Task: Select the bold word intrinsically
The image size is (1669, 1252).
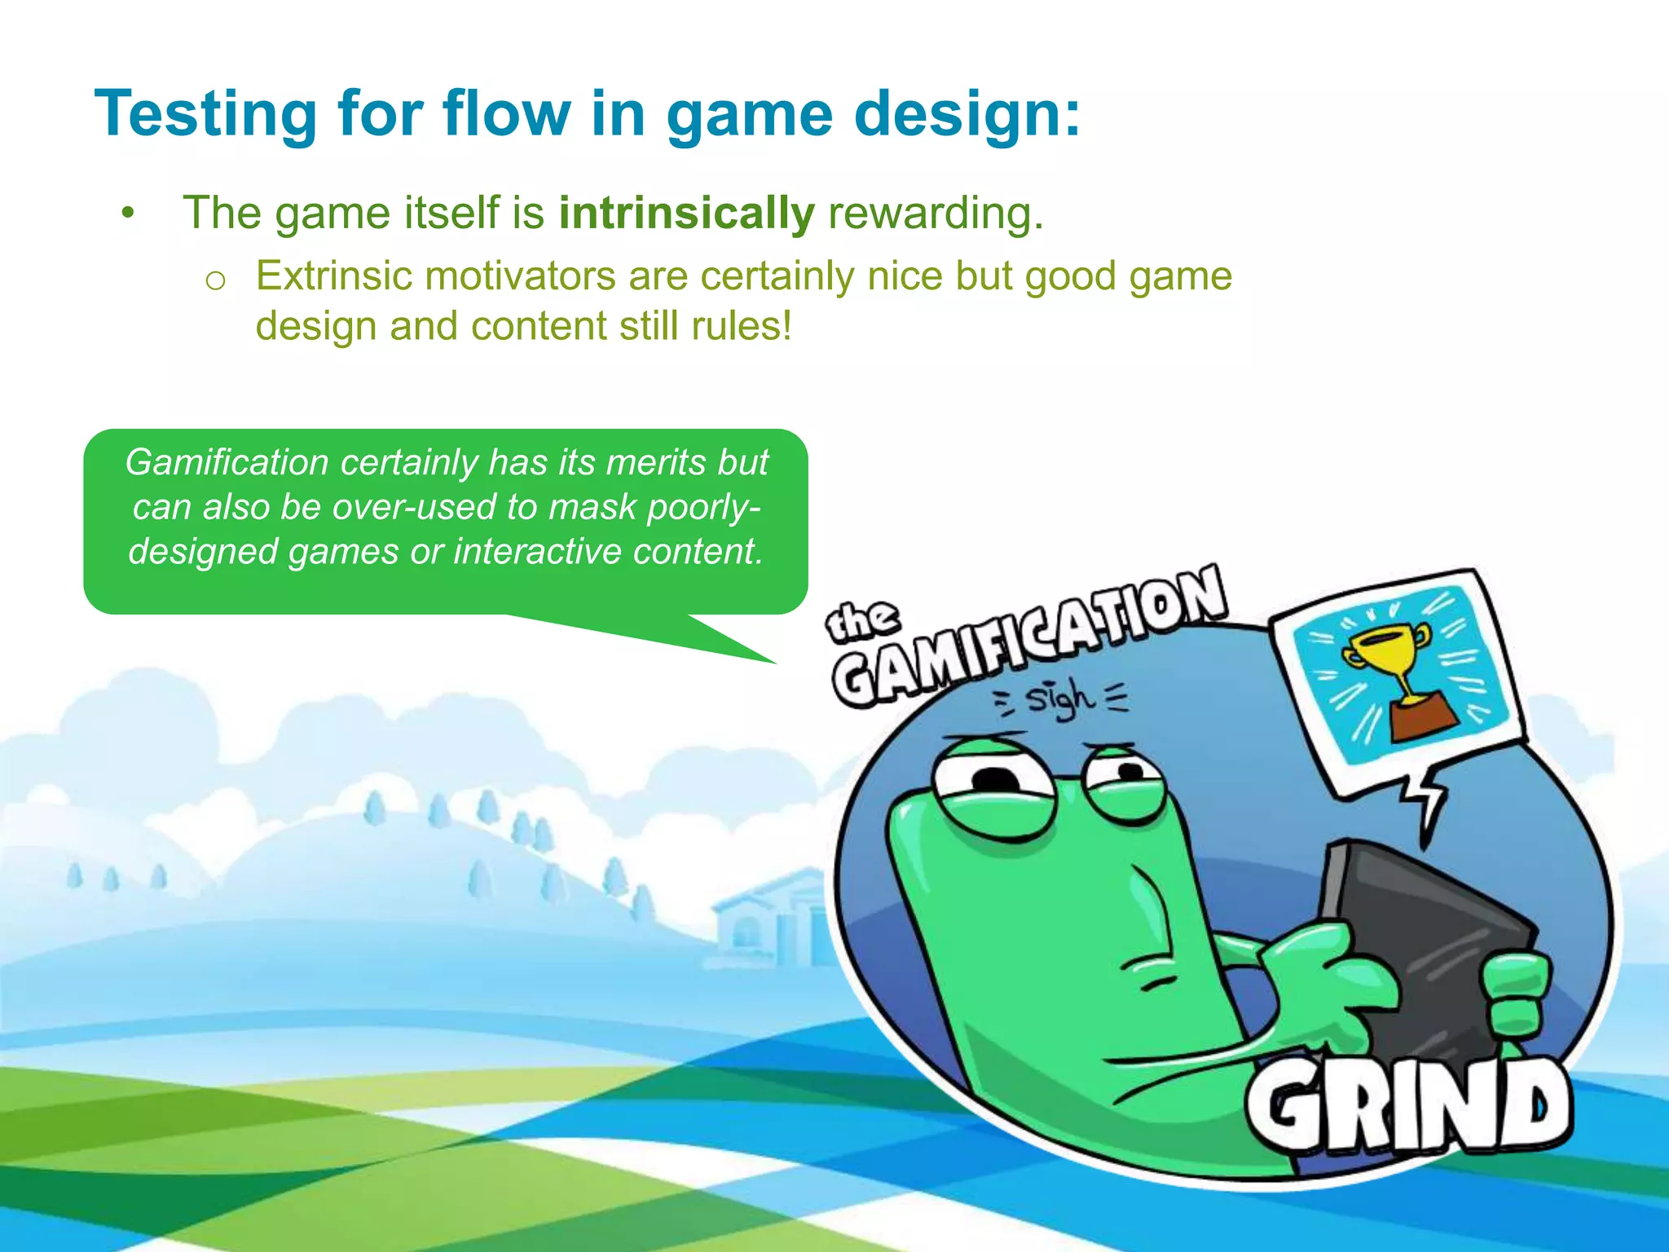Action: [x=686, y=214]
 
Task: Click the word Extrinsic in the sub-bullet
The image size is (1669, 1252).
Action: [x=334, y=276]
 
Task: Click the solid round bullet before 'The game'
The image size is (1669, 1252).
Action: [x=126, y=214]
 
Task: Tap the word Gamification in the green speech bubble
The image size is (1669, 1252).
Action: [x=227, y=462]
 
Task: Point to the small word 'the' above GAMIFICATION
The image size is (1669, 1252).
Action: [x=862, y=621]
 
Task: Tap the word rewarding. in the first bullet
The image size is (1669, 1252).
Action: [x=936, y=214]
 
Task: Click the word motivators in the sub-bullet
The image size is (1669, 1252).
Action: [x=520, y=276]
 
